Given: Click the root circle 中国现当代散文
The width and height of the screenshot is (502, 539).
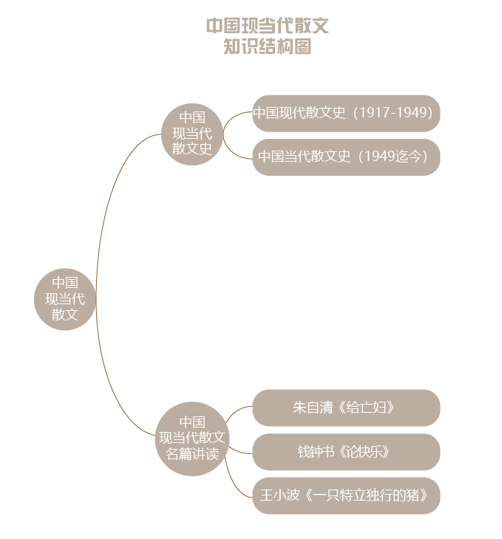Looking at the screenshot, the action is tap(65, 299).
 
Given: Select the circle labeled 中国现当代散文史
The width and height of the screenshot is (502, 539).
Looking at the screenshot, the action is tap(192, 134).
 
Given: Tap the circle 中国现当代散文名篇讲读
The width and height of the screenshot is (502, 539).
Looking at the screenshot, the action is tap(192, 439).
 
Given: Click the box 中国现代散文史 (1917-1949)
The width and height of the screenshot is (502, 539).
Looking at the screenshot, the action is tap(346, 113).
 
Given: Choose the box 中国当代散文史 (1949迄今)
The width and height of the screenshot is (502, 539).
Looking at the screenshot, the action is tap(346, 157).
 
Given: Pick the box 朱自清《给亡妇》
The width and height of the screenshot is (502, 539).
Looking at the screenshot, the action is tap(346, 408).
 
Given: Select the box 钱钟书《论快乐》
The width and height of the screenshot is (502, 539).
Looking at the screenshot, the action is tap(346, 452).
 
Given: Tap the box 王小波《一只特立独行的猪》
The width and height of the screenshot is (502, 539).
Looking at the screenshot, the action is tap(346, 495).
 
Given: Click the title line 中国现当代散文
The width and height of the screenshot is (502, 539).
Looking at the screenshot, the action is tap(268, 26).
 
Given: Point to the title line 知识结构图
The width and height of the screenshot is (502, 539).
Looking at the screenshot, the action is tap(268, 46).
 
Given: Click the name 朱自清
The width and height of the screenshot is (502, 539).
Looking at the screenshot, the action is tap(313, 408).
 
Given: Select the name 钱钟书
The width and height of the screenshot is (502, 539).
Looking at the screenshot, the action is tap(316, 451).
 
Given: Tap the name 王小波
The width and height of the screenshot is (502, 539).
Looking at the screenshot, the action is tap(280, 495).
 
